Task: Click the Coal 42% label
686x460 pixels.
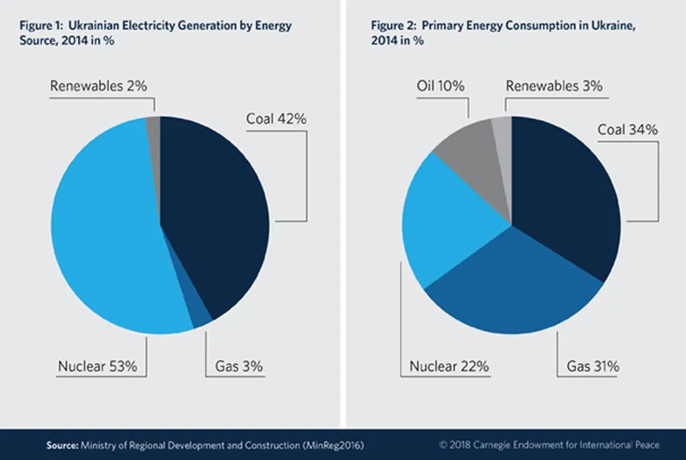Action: (x=276, y=119)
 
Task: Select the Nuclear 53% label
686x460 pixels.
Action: (x=97, y=366)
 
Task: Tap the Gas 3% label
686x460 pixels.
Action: (x=238, y=366)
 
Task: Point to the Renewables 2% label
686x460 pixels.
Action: (x=98, y=86)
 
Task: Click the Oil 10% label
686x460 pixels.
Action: (x=440, y=86)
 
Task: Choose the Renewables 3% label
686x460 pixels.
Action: (x=554, y=86)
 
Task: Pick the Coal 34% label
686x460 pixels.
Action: (x=627, y=129)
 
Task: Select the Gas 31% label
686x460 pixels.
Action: (x=593, y=366)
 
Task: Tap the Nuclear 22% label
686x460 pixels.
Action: (x=450, y=366)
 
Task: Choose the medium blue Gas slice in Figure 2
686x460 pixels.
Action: (x=516, y=288)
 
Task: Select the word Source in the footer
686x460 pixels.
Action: (x=62, y=445)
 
